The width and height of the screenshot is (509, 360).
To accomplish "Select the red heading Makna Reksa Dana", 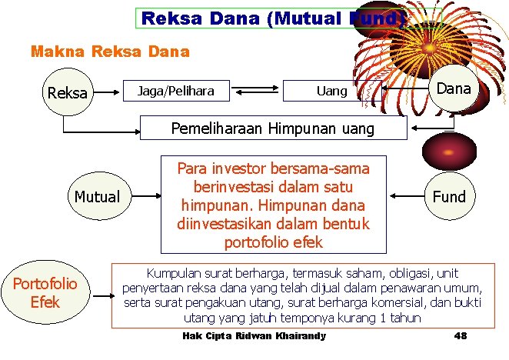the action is tap(109, 52).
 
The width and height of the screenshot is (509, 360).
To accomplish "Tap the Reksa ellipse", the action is tap(68, 93).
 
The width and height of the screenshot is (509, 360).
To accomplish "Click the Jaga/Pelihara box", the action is tap(175, 92).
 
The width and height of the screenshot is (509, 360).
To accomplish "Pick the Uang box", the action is tap(332, 92).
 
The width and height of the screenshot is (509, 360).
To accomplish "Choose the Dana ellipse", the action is tap(453, 88).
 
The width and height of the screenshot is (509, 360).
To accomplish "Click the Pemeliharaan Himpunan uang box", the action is tap(272, 128).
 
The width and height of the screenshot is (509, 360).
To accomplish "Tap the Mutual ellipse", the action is tap(97, 196).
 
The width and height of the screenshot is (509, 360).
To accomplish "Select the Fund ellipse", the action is tap(449, 196).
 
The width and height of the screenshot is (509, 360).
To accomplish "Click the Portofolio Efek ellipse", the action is tap(45, 292).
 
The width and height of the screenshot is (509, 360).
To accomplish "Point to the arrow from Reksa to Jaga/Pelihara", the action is tap(108, 92).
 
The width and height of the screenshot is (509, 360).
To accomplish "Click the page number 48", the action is tap(461, 336).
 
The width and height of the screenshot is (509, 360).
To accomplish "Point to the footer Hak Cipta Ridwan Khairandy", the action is tap(254, 336).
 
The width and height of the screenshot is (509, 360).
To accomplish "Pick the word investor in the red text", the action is tap(234, 168).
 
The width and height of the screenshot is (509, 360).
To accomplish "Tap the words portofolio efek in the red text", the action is tap(273, 242).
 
